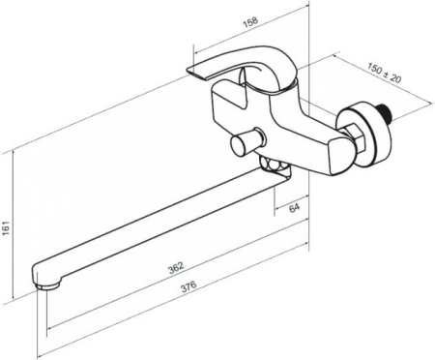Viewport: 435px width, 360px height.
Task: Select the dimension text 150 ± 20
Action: [x=385, y=73]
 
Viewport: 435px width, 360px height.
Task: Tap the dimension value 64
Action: [x=294, y=208]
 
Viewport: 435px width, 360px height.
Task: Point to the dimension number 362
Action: [x=176, y=268]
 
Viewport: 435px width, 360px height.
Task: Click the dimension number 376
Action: [x=188, y=286]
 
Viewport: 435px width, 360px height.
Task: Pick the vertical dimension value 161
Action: [x=7, y=228]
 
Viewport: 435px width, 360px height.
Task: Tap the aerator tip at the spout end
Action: [x=48, y=286]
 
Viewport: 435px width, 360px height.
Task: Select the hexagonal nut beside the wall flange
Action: [x=353, y=138]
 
